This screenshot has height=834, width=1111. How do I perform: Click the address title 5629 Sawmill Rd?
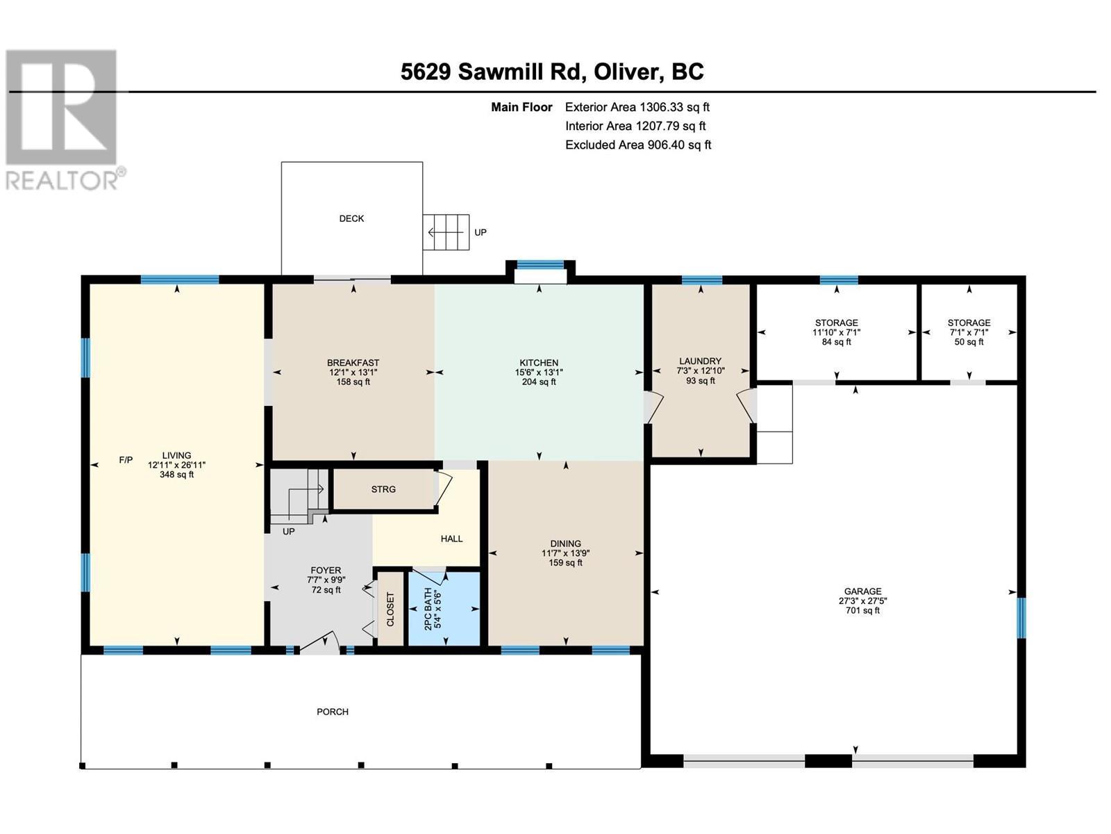[552, 72]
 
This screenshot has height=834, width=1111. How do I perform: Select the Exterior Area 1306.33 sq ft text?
[637, 107]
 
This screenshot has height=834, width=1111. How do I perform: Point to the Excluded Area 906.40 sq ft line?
[637, 145]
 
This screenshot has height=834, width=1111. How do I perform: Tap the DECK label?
[351, 218]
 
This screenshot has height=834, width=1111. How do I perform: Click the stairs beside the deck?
[446, 231]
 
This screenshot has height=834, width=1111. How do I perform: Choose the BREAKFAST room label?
[353, 372]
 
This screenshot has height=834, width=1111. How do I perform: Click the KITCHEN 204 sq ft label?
[539, 372]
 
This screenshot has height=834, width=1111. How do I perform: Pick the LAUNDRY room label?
[700, 370]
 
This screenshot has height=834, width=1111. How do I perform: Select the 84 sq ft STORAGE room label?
[836, 332]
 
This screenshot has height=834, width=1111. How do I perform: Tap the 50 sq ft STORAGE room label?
[969, 332]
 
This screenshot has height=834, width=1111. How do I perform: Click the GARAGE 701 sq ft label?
[862, 600]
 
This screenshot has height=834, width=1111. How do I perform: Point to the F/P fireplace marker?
[126, 459]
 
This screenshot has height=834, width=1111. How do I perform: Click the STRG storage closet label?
[383, 489]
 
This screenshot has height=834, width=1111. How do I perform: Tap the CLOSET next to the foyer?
[390, 609]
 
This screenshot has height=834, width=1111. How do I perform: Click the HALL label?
[451, 539]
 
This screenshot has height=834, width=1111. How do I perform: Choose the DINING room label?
[565, 553]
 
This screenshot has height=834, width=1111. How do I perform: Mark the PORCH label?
[333, 712]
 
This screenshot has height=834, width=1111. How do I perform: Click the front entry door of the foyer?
[319, 646]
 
